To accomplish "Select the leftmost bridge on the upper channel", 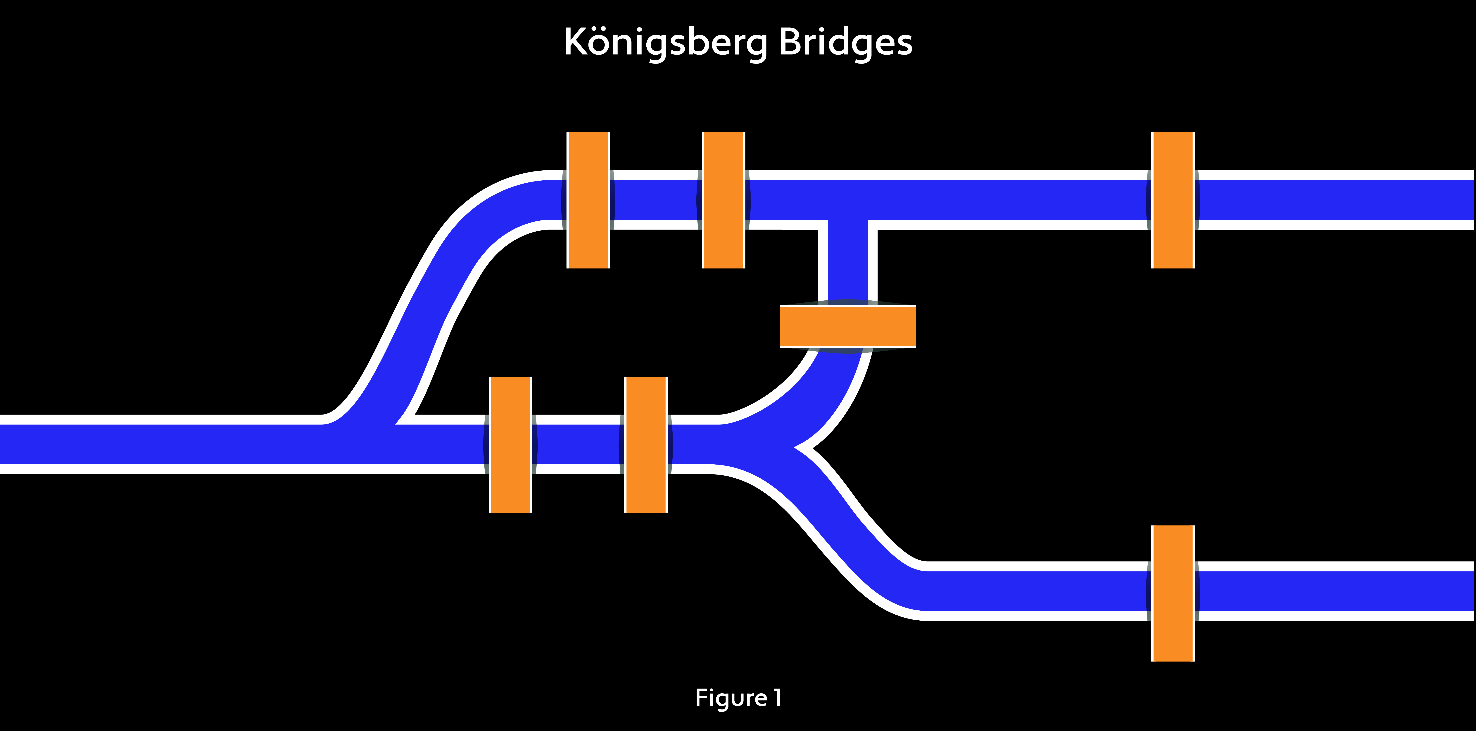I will (x=588, y=200).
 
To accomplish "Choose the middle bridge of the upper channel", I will (x=723, y=200).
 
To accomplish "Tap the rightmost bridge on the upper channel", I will (x=1173, y=200).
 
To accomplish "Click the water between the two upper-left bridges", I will (x=655, y=200).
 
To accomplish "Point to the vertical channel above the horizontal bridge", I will (x=847, y=261).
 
